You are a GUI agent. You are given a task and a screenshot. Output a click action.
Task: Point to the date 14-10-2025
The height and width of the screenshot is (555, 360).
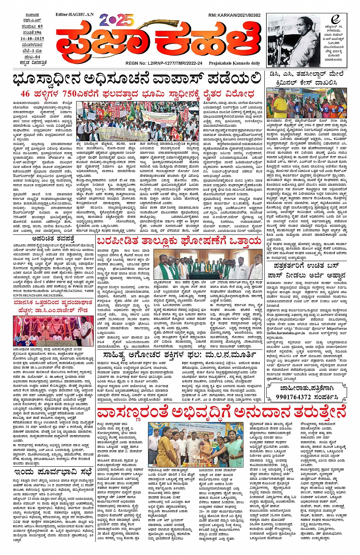coord(33,39)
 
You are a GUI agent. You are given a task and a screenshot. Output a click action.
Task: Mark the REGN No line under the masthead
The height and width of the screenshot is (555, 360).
coord(163,63)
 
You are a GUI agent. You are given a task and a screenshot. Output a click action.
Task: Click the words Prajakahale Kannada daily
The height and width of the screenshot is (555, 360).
coord(235,63)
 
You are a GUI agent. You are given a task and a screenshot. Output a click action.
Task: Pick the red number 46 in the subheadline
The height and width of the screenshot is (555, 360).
coord(25,94)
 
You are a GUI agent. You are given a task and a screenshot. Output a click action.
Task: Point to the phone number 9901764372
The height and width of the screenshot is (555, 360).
coord(295,397)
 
